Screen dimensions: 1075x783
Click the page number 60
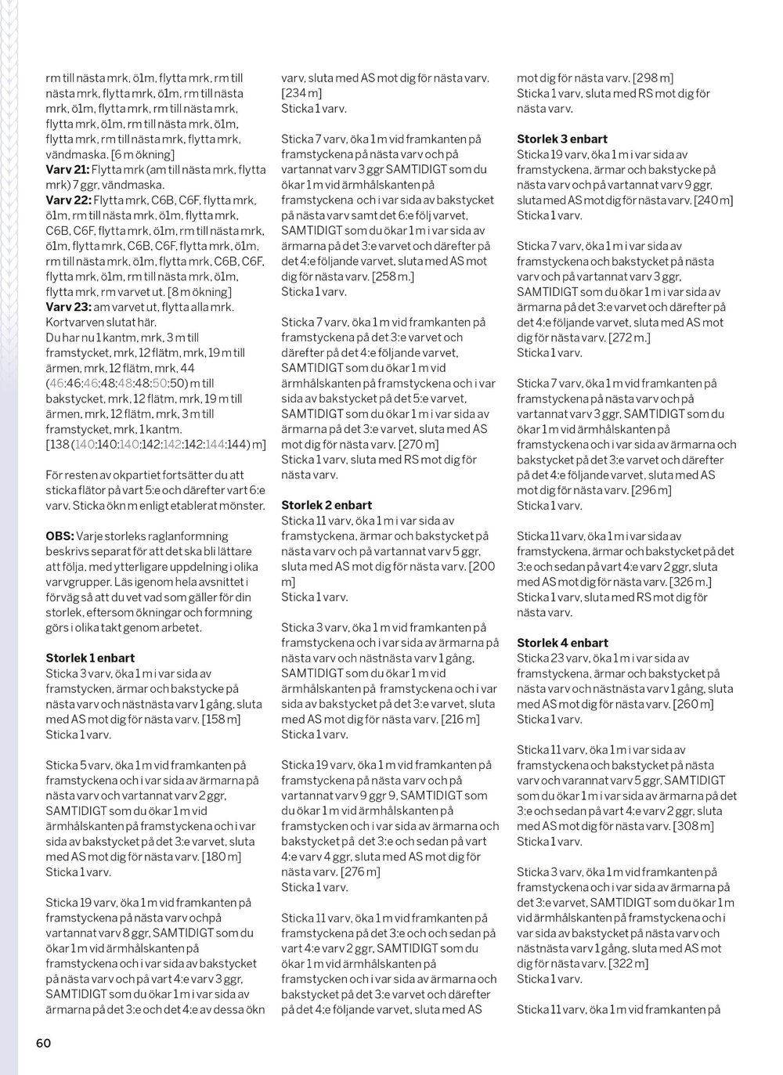point(43,1042)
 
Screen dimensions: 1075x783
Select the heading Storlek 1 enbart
point(90,658)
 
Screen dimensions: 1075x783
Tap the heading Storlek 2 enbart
point(327,505)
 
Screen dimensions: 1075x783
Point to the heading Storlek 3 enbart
point(562,139)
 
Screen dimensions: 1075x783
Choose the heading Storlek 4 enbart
point(562,643)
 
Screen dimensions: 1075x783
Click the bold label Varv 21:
point(67,170)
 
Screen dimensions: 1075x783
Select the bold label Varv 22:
point(68,200)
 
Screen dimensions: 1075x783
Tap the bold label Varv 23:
point(68,307)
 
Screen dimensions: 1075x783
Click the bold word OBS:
point(60,536)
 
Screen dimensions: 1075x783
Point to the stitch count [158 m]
point(221,719)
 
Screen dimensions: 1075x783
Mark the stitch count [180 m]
point(222,857)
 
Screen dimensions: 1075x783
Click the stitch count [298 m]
point(652,78)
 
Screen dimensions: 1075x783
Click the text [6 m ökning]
point(143,154)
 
